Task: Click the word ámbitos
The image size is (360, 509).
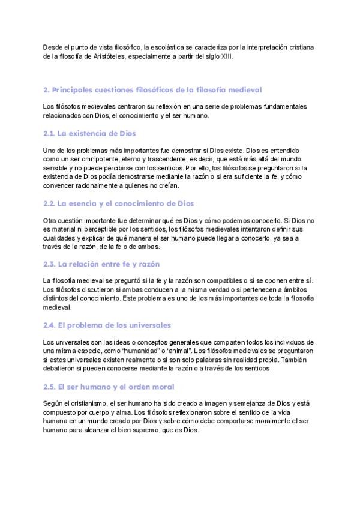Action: tap(297, 290)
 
